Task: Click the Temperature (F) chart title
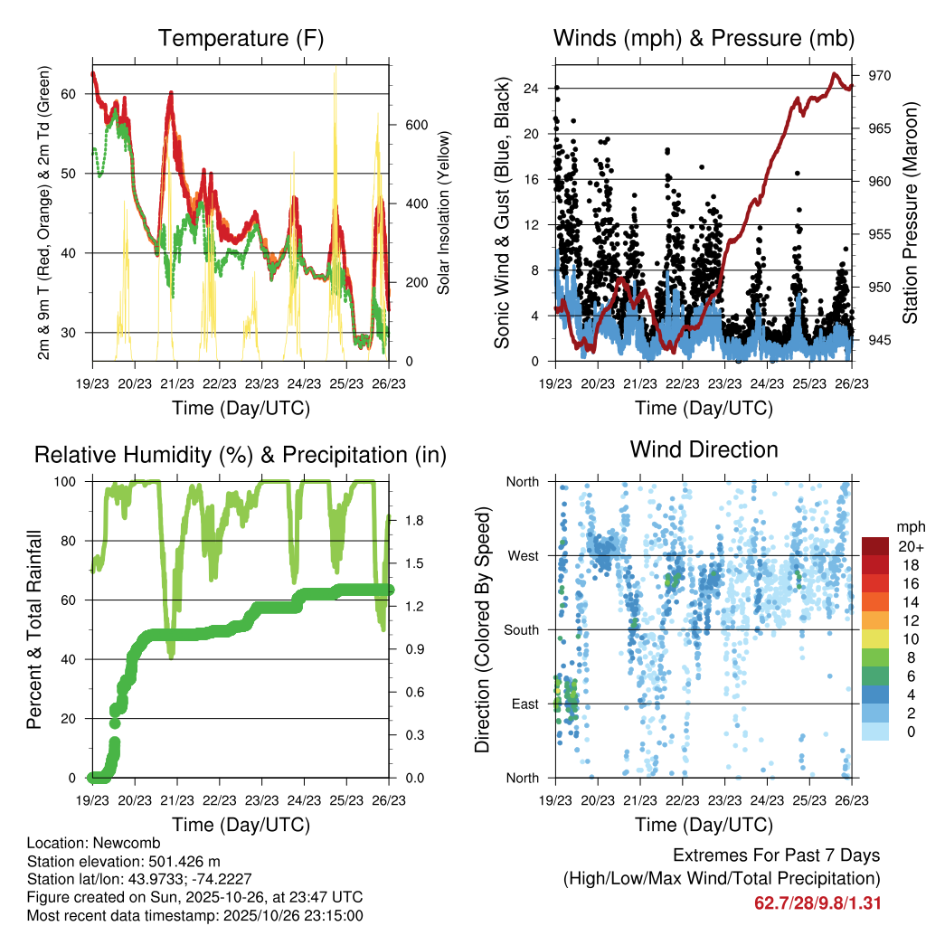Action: click(x=241, y=38)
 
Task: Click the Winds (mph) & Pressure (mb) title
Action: click(x=704, y=38)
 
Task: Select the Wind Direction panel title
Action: click(x=704, y=449)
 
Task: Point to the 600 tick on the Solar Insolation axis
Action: click(x=415, y=125)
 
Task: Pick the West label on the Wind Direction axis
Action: click(x=524, y=555)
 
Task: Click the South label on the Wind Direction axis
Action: click(x=522, y=629)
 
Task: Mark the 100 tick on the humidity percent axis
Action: click(x=71, y=482)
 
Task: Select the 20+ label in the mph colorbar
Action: click(x=909, y=546)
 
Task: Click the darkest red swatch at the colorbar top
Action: click(x=874, y=546)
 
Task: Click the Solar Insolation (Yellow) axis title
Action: click(x=444, y=213)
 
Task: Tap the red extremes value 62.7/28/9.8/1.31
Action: click(x=817, y=902)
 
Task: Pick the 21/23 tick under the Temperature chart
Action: click(x=177, y=384)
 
